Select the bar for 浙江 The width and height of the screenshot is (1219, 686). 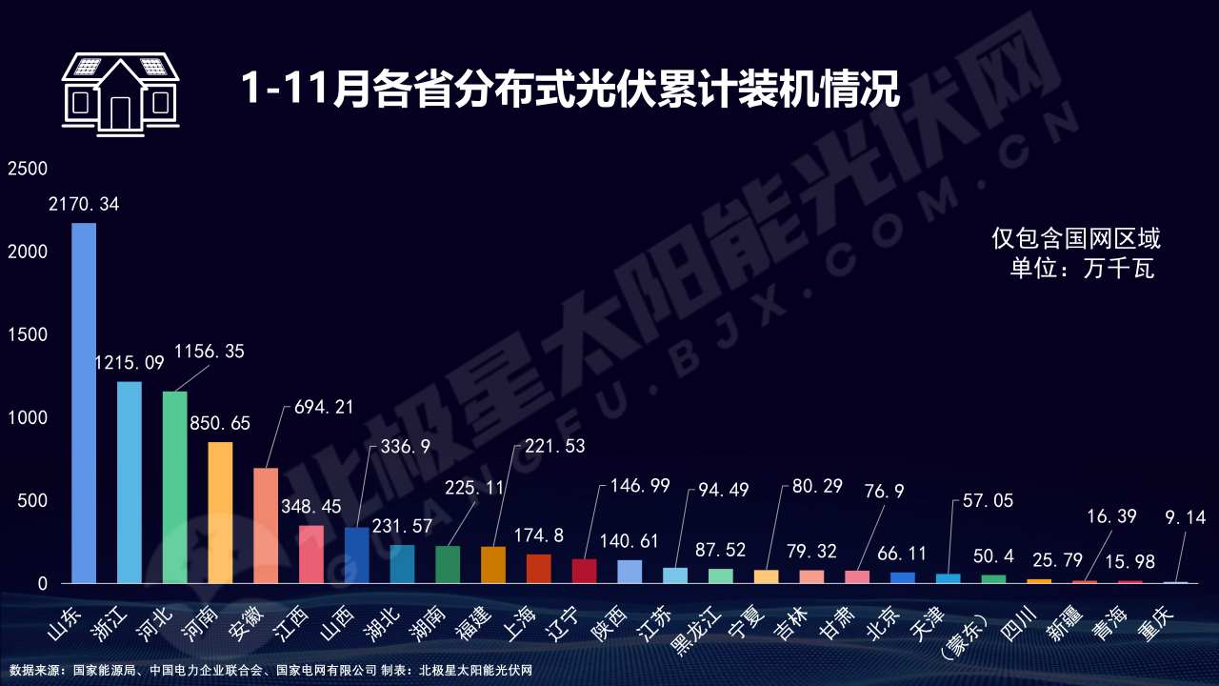click(x=130, y=482)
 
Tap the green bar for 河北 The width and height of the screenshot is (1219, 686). click(x=175, y=487)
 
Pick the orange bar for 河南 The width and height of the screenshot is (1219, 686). click(x=220, y=513)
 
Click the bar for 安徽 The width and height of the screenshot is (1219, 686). click(x=266, y=526)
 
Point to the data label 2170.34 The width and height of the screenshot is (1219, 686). click(x=84, y=204)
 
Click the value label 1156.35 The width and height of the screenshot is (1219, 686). click(x=209, y=352)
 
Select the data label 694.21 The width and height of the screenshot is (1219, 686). click(x=318, y=407)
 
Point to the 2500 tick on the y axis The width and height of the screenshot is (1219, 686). click(x=28, y=169)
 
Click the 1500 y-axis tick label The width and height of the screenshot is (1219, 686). click(x=28, y=334)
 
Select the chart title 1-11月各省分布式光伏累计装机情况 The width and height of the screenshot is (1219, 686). click(x=570, y=89)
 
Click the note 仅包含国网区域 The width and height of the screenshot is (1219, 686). click(x=1076, y=238)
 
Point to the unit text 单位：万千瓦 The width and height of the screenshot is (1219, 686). click(x=1082, y=269)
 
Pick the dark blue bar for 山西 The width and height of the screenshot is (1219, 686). click(x=357, y=555)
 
